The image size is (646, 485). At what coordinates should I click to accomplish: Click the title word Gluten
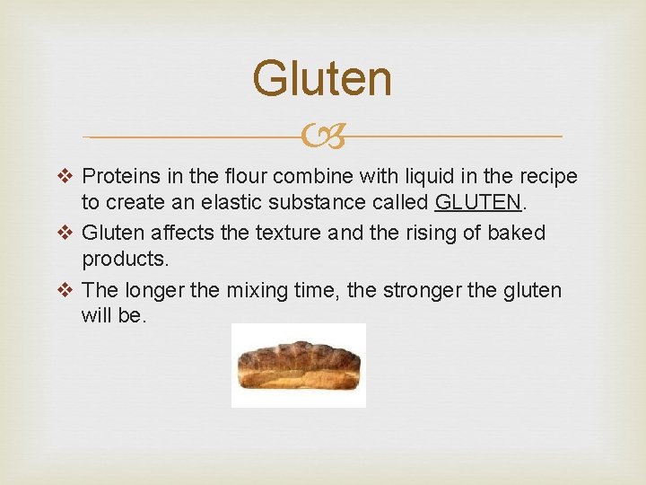(x=322, y=79)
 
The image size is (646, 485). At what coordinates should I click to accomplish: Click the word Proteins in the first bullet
(x=119, y=175)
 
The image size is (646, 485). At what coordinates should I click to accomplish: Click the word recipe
(x=546, y=175)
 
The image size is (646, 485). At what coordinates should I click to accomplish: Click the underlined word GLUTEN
(x=477, y=204)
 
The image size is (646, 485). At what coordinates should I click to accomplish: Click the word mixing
(x=275, y=290)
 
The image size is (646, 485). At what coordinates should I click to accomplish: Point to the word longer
(x=153, y=290)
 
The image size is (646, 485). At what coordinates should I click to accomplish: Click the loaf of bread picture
(x=299, y=365)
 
